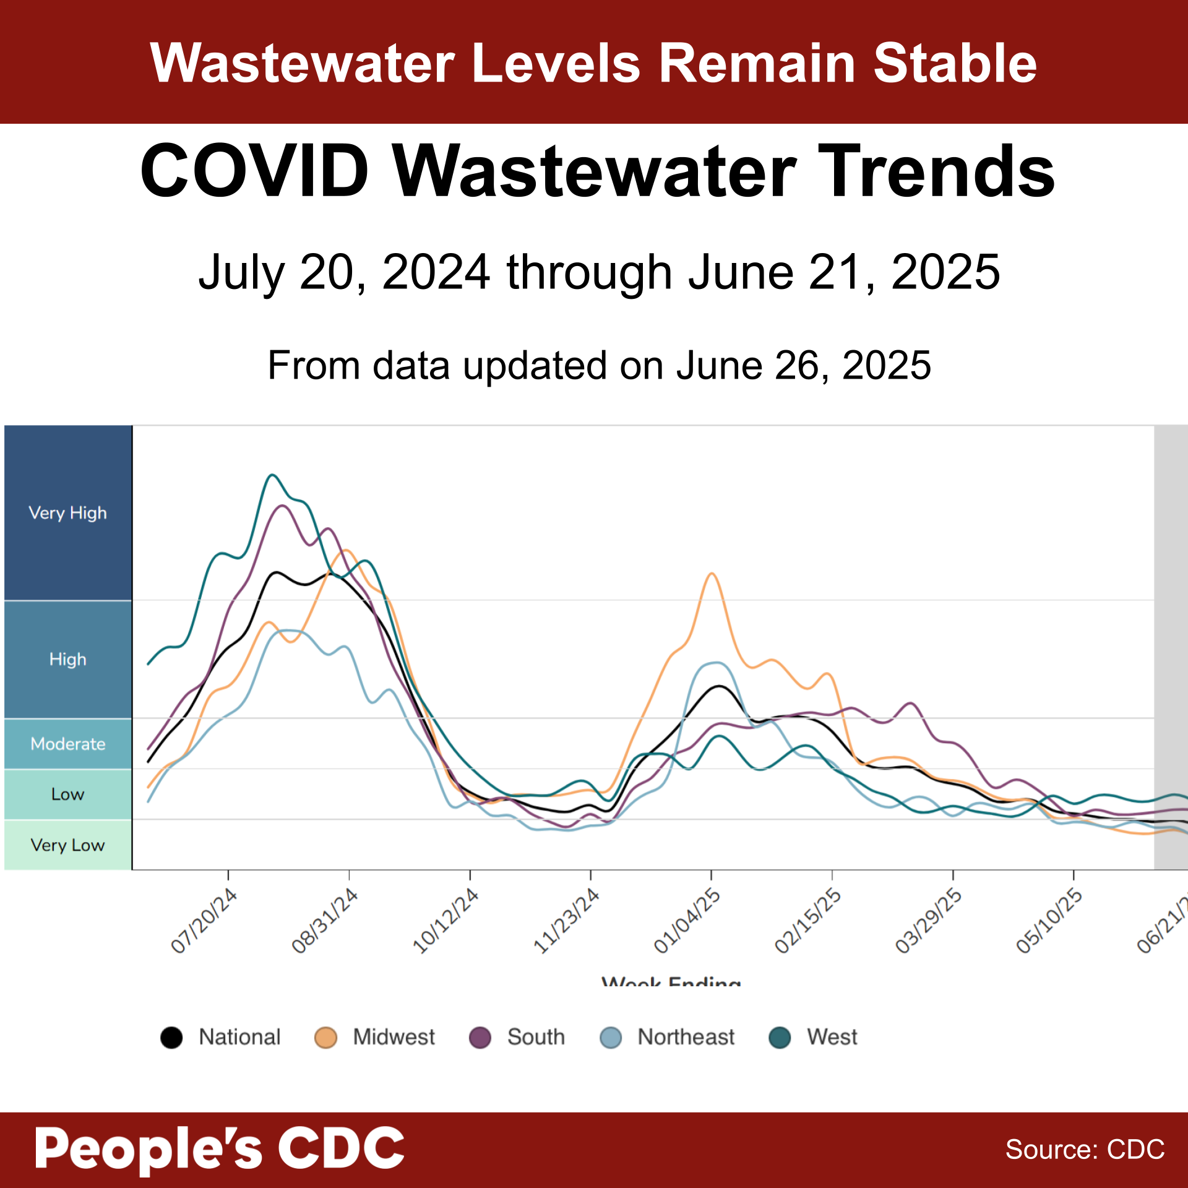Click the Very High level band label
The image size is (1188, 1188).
(x=67, y=513)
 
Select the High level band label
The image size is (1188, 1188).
(x=67, y=659)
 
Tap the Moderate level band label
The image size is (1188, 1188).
(x=67, y=743)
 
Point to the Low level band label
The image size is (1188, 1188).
(x=67, y=794)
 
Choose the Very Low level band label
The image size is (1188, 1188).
(x=67, y=845)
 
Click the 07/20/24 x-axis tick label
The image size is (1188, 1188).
(x=204, y=921)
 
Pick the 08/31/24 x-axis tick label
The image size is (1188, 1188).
(x=325, y=921)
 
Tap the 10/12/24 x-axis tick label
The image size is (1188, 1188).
(x=445, y=921)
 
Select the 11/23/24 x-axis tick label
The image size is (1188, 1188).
(x=566, y=921)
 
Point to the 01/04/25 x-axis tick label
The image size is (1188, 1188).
(x=687, y=921)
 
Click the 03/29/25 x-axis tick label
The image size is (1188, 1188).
(x=929, y=921)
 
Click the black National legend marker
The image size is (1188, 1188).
(x=171, y=1037)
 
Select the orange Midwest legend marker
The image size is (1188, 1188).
(x=325, y=1037)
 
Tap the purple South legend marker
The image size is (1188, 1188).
(x=480, y=1037)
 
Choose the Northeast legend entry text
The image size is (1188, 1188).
(x=686, y=1037)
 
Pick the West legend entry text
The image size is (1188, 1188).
(x=832, y=1037)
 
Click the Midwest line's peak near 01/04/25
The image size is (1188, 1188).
(x=712, y=574)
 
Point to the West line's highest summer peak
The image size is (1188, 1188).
(x=272, y=475)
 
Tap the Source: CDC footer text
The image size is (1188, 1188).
(x=1085, y=1150)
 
